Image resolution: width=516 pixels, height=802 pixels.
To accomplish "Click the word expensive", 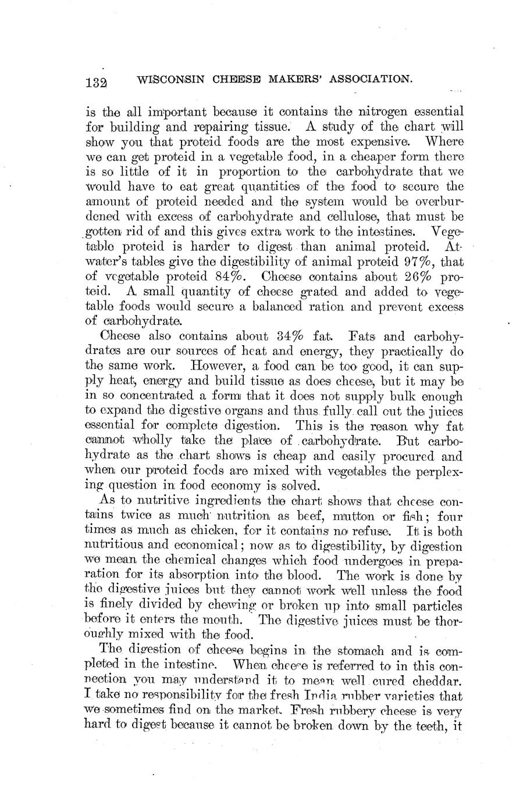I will pyautogui.click(x=386, y=141).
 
